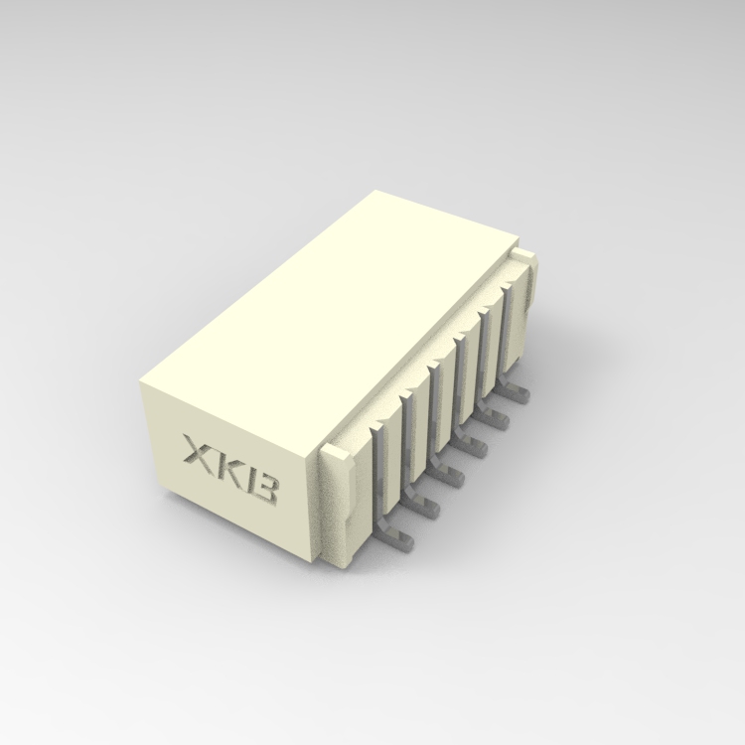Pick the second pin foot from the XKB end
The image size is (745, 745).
[426, 507]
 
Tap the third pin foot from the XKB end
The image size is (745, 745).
[453, 477]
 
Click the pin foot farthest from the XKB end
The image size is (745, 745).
[520, 395]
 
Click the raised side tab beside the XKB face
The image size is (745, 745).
[337, 507]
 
